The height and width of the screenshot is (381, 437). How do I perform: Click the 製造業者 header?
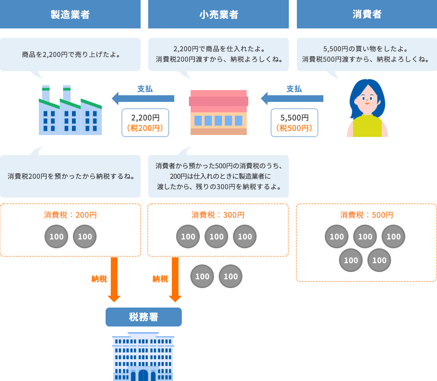pyautogui.click(x=70, y=14)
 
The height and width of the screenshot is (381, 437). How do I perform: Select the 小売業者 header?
pyautogui.click(x=218, y=14)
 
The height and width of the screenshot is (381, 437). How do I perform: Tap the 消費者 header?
pyautogui.click(x=367, y=14)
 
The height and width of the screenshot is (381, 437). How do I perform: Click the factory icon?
pyautogui.click(x=70, y=111)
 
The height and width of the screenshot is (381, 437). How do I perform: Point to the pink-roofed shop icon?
pyautogui.click(x=218, y=112)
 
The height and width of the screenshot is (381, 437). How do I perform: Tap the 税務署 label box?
pyautogui.click(x=143, y=317)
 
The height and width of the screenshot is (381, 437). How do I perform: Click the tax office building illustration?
pyautogui.click(x=143, y=358)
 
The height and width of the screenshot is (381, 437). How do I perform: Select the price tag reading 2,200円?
pyautogui.click(x=145, y=123)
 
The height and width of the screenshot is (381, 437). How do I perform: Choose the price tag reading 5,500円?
pyautogui.click(x=294, y=123)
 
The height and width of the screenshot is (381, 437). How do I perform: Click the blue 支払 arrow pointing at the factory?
pyautogui.click(x=143, y=99)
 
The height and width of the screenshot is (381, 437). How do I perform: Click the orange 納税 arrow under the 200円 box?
pyautogui.click(x=114, y=280)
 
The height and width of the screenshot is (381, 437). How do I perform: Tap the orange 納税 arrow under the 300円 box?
pyautogui.click(x=175, y=280)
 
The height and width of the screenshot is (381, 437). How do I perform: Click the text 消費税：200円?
pyautogui.click(x=70, y=215)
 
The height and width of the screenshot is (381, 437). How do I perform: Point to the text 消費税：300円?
pyautogui.click(x=218, y=215)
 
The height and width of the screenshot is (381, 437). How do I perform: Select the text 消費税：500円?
pyautogui.click(x=367, y=215)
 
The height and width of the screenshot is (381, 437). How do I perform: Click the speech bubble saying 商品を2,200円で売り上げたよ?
pyautogui.click(x=70, y=54)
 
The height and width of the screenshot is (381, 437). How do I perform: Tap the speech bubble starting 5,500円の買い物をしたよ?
pyautogui.click(x=367, y=54)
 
